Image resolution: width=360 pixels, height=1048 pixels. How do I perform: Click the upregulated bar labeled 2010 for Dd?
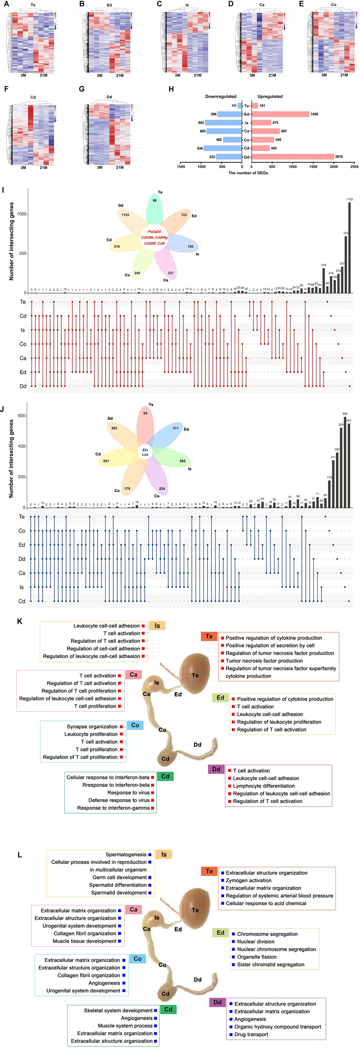pyautogui.click(x=293, y=157)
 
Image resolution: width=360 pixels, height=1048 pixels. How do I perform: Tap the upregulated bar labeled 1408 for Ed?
pyautogui.click(x=280, y=114)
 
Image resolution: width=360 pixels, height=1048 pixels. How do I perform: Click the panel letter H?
pyautogui.click(x=171, y=89)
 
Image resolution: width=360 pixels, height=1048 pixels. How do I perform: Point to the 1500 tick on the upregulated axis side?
pyautogui.click(x=313, y=167)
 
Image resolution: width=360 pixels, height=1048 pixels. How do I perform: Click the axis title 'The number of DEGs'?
pyautogui.click(x=248, y=173)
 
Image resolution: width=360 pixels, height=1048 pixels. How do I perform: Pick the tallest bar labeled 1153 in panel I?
pyautogui.click(x=349, y=248)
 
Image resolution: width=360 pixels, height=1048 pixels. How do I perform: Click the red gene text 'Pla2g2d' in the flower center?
pyautogui.click(x=154, y=232)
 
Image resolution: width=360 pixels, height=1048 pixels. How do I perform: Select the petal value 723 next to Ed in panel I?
pyautogui.click(x=184, y=215)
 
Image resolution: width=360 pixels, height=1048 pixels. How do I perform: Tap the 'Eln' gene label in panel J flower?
pyautogui.click(x=145, y=450)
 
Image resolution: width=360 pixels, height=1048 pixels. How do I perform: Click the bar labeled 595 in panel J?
pyautogui.click(x=345, y=461)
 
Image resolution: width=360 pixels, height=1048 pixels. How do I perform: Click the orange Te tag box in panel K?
pyautogui.click(x=209, y=637)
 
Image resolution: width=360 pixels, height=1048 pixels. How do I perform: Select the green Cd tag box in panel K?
pyautogui.click(x=165, y=776)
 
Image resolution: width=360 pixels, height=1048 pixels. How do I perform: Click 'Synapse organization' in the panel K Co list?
pyautogui.click(x=92, y=726)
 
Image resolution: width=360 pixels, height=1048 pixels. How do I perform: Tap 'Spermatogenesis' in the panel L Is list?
pyautogui.click(x=126, y=854)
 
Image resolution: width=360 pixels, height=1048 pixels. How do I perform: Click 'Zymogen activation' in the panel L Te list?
pyautogui.click(x=249, y=880)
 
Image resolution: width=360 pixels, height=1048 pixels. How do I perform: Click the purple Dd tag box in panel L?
pyautogui.click(x=218, y=1002)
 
